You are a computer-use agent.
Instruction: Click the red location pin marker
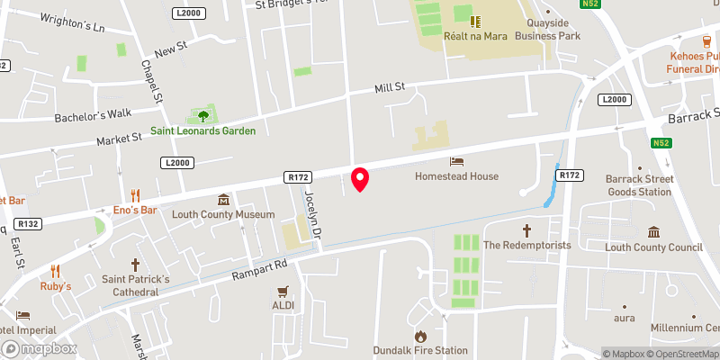click(360, 179)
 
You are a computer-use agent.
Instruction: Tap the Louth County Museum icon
click(223, 200)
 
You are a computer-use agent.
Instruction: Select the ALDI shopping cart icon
click(283, 291)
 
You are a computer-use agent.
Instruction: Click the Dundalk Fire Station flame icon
click(420, 336)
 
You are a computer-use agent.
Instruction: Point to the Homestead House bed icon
click(456, 161)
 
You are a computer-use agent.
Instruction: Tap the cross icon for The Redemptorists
click(528, 230)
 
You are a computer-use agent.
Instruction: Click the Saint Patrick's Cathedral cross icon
click(136, 265)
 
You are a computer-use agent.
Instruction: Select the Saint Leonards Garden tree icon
click(202, 115)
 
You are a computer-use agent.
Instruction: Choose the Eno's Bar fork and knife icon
click(136, 194)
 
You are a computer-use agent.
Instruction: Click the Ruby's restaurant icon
click(55, 270)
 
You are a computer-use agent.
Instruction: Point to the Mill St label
click(390, 87)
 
